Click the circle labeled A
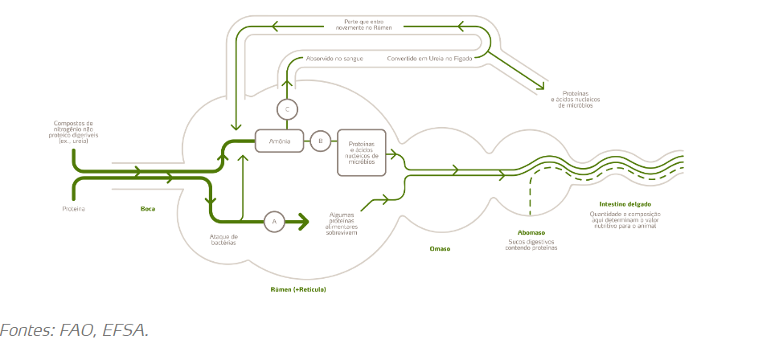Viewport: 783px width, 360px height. [274, 221]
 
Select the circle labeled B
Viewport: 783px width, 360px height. [320, 141]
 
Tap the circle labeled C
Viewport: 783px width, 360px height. [287, 108]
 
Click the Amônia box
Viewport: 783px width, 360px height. [279, 141]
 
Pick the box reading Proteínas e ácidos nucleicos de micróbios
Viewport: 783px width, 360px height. [361, 152]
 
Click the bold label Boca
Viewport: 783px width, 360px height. [148, 209]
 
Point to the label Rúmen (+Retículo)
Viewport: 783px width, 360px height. [298, 288]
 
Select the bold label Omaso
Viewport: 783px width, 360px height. [440, 249]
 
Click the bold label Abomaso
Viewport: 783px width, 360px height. [531, 233]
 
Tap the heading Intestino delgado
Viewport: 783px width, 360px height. [625, 204]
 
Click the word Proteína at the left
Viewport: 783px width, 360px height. [73, 209]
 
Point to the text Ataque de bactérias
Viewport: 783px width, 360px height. [223, 239]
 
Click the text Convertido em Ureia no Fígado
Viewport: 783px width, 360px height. [429, 59]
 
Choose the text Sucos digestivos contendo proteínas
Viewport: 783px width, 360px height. [531, 244]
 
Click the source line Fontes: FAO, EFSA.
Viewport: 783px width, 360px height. [74, 330]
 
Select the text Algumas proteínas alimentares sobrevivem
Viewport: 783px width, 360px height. [347, 224]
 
